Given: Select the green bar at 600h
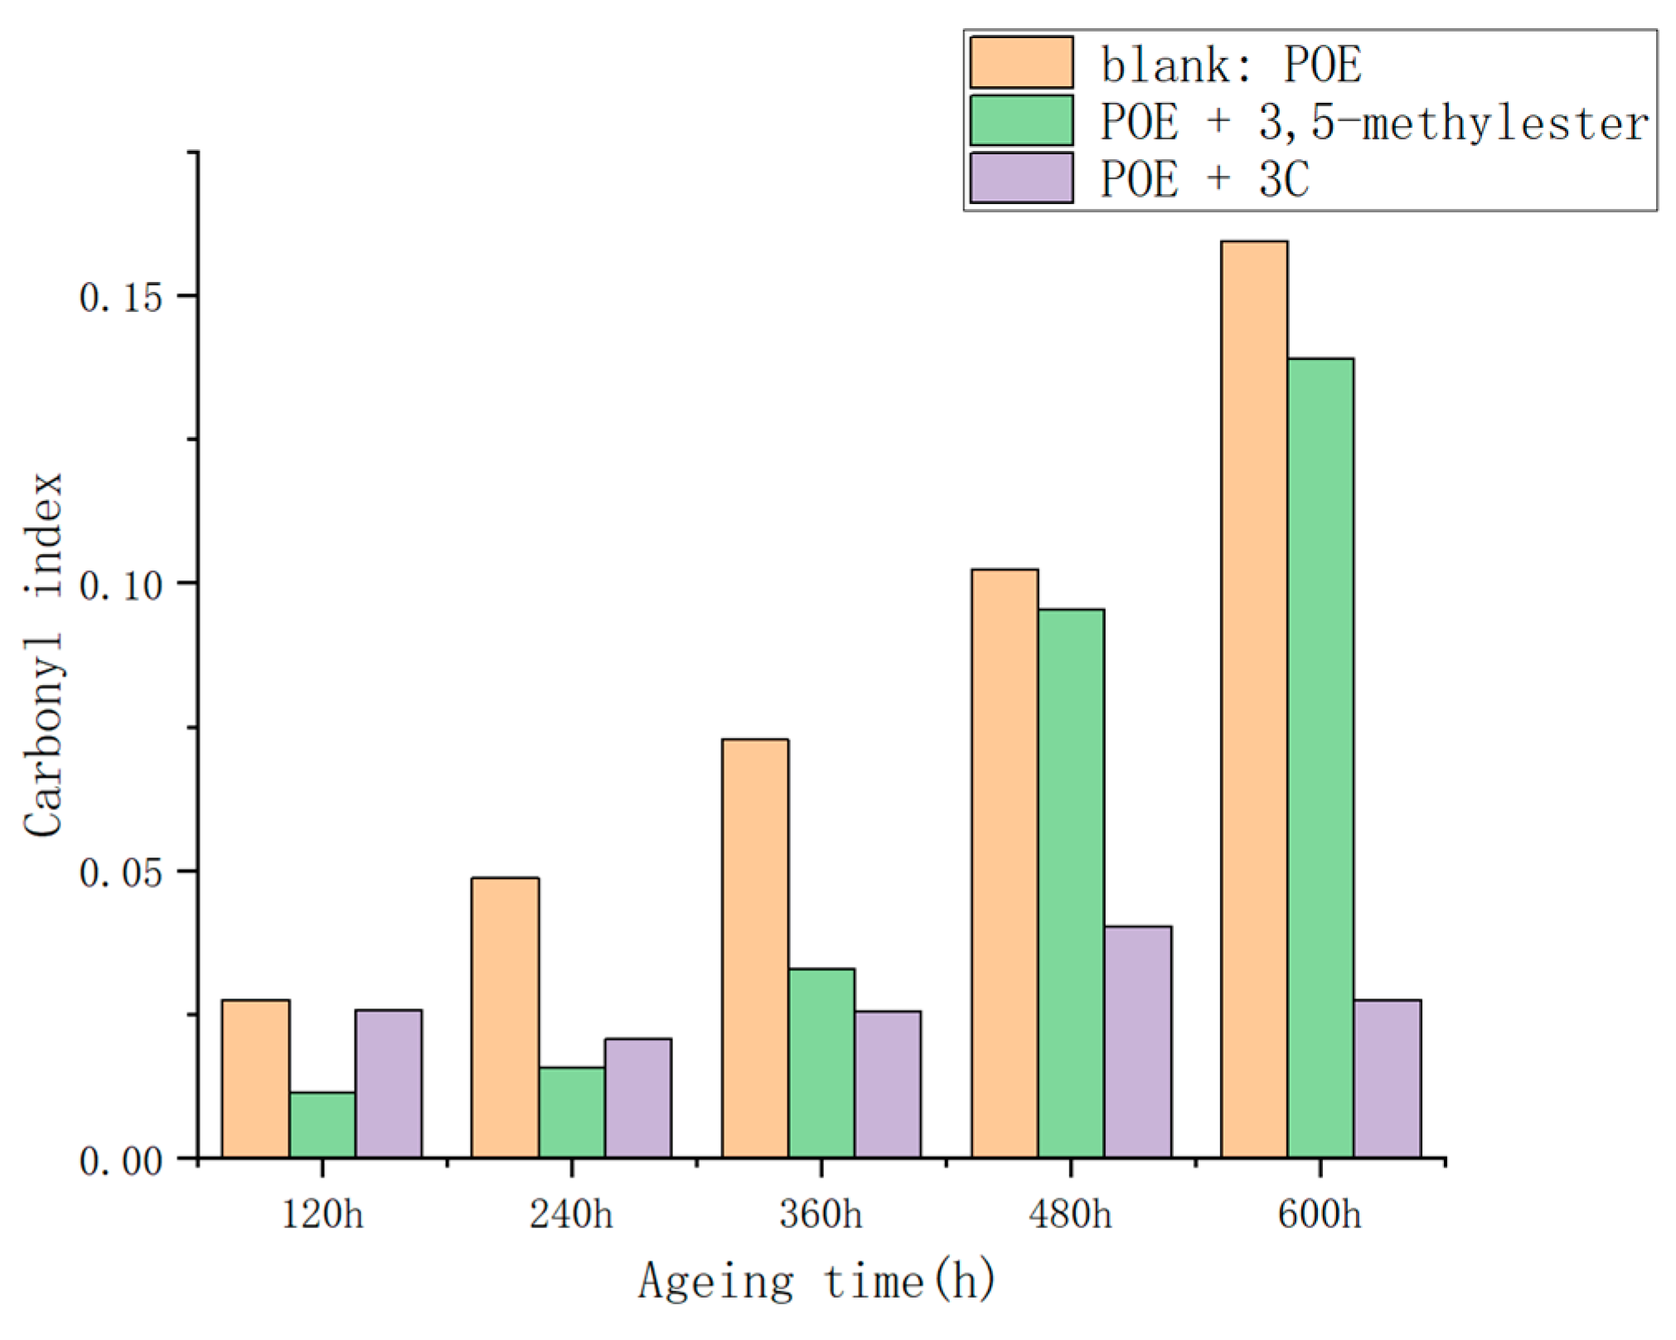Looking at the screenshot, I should (1320, 758).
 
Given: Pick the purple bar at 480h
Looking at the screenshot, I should (1138, 1041).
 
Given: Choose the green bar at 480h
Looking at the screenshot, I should (1071, 883).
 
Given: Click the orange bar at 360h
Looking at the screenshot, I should (755, 948).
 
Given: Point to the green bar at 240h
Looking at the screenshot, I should (572, 1112).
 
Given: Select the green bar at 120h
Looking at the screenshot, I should (322, 1124).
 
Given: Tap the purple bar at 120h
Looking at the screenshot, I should (389, 1083).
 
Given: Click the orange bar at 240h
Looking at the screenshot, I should (505, 1017).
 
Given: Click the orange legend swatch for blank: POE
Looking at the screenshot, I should (1021, 62).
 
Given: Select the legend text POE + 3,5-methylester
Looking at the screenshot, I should (1374, 122).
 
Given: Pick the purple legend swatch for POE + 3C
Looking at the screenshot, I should (1021, 177).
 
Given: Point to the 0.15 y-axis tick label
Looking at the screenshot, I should (121, 297).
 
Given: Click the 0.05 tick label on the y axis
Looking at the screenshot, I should (121, 872).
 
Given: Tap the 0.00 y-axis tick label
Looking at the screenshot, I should (121, 1161).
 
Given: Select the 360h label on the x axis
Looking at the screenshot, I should (821, 1215).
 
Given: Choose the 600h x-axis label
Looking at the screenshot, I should (1320, 1215).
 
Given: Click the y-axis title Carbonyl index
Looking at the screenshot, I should (43, 654).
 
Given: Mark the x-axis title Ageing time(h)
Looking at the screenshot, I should (816, 1281).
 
